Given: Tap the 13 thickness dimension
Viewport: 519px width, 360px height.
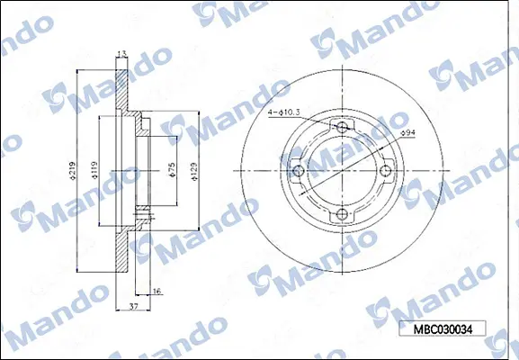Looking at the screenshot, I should click(x=122, y=55).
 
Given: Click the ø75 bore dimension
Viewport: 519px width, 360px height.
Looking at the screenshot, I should click(x=170, y=172).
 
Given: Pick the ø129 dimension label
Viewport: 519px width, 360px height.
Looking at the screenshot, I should click(x=194, y=172).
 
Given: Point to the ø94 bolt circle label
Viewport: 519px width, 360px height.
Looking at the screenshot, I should click(x=407, y=133).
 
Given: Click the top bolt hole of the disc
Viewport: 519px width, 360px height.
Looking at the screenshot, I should click(x=341, y=127).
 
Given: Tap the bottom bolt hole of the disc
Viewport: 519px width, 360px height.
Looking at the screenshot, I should click(x=341, y=213).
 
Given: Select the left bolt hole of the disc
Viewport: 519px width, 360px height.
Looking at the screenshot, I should click(x=298, y=170).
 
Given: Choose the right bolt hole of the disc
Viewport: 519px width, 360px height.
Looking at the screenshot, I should click(x=384, y=170).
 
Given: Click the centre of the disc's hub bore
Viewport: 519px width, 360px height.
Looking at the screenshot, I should click(x=341, y=170).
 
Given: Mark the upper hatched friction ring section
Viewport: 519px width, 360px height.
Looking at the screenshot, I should click(x=122, y=85).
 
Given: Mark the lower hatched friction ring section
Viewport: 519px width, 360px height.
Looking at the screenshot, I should click(x=122, y=256).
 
